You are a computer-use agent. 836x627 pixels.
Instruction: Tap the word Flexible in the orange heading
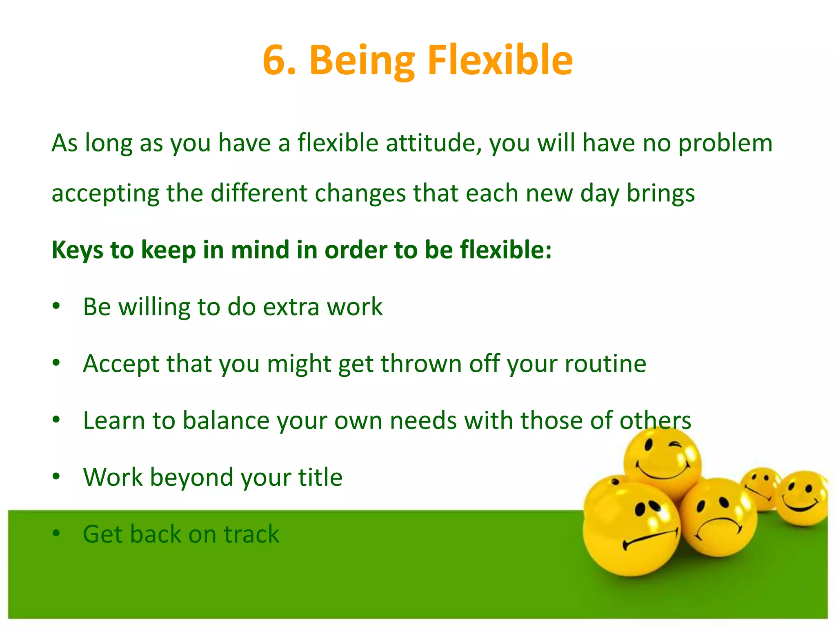[x=500, y=60]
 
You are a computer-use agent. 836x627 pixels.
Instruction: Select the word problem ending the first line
[x=725, y=143]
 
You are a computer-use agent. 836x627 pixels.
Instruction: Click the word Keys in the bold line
[x=77, y=250]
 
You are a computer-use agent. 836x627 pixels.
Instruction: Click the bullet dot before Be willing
[x=56, y=306]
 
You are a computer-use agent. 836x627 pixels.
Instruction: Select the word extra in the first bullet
[x=291, y=307]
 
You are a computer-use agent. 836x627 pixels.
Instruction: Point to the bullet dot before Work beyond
[x=56, y=476]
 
